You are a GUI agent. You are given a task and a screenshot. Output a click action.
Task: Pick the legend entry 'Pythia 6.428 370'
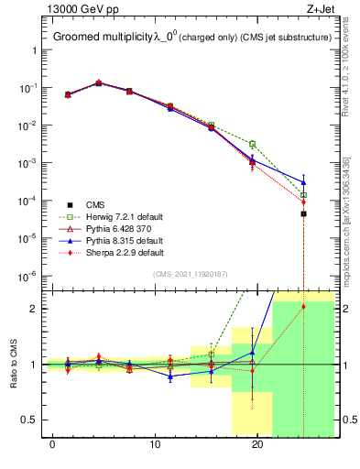click(x=116, y=228)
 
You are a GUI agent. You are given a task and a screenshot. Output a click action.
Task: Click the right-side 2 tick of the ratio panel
click(x=340, y=309)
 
